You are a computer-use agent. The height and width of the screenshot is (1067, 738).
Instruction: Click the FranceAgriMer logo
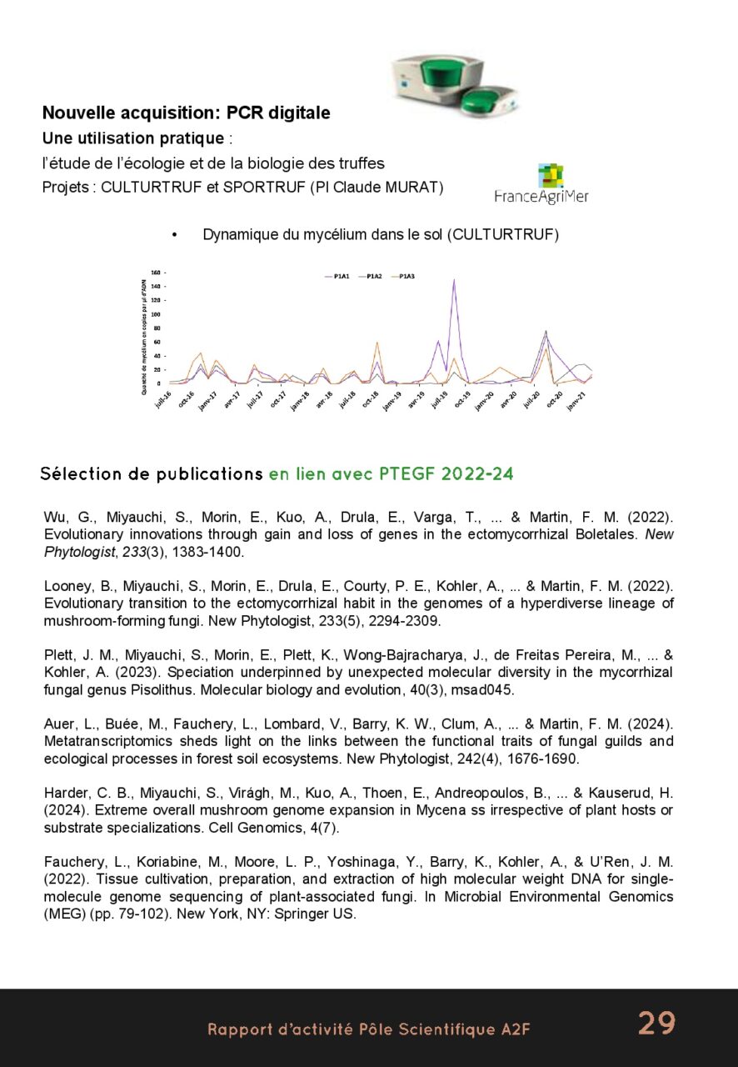541,185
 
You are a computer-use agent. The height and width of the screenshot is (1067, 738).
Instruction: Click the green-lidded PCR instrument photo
456,86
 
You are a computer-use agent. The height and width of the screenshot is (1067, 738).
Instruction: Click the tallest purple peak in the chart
454,281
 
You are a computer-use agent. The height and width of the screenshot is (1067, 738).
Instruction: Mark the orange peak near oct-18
376,343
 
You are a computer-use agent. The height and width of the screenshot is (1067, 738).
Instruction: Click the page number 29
656,1023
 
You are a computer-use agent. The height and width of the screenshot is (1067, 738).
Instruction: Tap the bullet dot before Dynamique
175,235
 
